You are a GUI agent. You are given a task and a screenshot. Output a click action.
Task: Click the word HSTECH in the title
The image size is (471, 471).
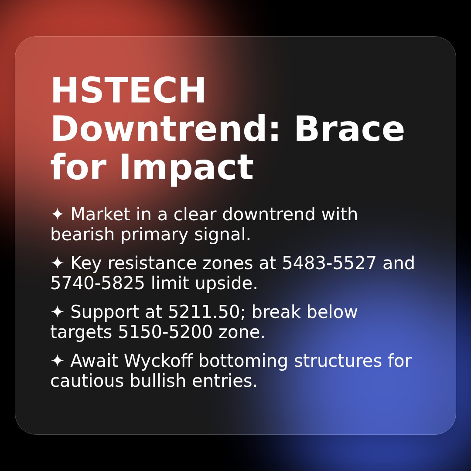[x=128, y=91]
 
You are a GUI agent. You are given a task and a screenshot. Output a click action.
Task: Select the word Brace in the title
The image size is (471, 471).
[x=349, y=130]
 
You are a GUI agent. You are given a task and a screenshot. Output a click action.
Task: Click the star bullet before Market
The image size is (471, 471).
[x=57, y=215]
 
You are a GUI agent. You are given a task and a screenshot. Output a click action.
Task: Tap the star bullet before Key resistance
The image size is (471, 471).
[x=57, y=263]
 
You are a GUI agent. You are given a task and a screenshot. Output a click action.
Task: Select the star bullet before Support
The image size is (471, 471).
[x=57, y=312]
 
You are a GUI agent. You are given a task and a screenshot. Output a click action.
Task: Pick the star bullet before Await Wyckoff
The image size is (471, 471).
[x=57, y=361]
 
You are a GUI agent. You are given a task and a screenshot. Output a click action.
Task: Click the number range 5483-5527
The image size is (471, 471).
[x=329, y=263]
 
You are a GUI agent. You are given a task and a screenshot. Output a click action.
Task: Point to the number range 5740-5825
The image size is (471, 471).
[x=98, y=283]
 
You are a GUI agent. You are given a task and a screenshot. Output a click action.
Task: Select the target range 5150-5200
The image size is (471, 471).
[x=165, y=332]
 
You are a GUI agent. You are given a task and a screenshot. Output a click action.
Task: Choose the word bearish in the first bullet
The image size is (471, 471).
[x=82, y=235]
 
